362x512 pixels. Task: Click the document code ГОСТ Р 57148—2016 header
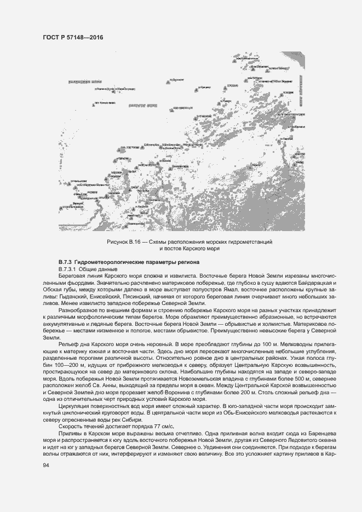click(x=72, y=37)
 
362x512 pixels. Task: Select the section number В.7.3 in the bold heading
click(x=66, y=263)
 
